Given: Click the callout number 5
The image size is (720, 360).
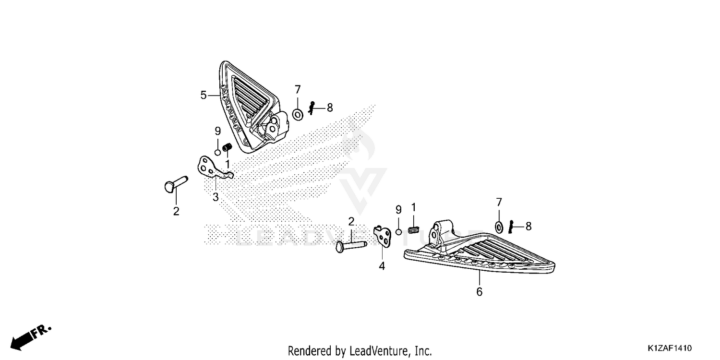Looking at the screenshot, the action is point(203,95).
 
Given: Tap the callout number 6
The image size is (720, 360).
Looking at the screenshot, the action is point(479,292).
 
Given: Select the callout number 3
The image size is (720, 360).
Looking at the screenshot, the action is point(216,197).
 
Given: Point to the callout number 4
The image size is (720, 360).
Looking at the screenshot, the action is point(382,266).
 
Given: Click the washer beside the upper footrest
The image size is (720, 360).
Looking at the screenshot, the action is point(298,115).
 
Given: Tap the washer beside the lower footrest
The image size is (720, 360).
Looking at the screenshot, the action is point(499,227).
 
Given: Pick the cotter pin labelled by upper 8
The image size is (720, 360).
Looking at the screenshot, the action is point(311,108).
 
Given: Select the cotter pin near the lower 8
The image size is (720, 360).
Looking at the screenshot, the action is point(511,227).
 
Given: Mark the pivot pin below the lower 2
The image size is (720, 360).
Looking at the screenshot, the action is point(351,247).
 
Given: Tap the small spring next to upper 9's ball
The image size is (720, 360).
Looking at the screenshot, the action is point(227,147).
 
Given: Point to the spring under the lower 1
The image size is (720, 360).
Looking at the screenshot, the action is point(414,230).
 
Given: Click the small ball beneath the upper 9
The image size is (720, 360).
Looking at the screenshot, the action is point(217,152).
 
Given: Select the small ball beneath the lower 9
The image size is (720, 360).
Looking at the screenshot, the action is point(398,232).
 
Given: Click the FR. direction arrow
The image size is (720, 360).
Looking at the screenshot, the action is point(31,337).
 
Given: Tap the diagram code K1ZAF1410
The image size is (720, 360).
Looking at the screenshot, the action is point(670,348).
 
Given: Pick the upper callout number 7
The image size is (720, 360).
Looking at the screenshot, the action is point(298,89).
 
